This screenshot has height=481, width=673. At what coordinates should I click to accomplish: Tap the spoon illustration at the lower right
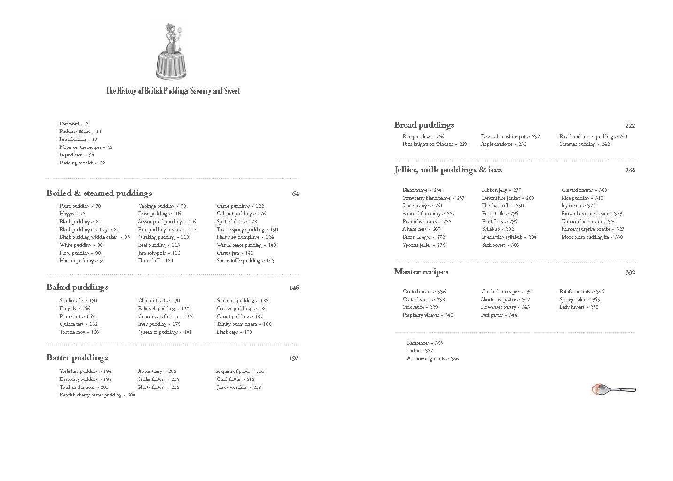pyautogui.click(x=613, y=389)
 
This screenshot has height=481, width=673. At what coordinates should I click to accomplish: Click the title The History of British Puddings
pyautogui.click(x=172, y=91)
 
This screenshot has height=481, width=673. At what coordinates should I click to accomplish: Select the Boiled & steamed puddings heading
pyautogui.click(x=99, y=193)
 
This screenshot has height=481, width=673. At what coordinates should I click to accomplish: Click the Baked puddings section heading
pyautogui.click(x=77, y=287)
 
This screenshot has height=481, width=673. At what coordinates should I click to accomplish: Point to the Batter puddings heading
pyautogui.click(x=77, y=357)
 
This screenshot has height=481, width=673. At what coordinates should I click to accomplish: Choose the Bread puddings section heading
pyautogui.click(x=424, y=125)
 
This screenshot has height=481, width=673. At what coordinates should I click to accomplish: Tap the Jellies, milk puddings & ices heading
pyautogui.click(x=448, y=170)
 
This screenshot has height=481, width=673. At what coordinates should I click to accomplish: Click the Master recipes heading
pyautogui.click(x=421, y=272)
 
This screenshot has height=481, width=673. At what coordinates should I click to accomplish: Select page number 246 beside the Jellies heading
pyautogui.click(x=630, y=171)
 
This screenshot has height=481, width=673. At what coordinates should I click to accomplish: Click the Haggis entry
pyautogui.click(x=72, y=214)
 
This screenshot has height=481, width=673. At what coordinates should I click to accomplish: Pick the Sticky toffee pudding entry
pyautogui.click(x=245, y=261)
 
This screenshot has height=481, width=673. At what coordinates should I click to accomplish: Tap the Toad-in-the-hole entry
pyautogui.click(x=84, y=388)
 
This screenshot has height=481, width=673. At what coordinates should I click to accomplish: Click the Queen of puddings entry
pyautogui.click(x=165, y=332)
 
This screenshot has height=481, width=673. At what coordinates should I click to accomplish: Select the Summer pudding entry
pyautogui.click(x=584, y=144)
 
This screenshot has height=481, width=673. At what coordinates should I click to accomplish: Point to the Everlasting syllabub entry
pyautogui.click(x=509, y=237)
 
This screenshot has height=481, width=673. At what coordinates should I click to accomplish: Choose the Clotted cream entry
pyautogui.click(x=424, y=292)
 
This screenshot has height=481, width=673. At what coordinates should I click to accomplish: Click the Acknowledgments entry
pyautogui.click(x=432, y=359)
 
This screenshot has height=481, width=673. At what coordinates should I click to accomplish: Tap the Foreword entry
pyautogui.click(x=73, y=124)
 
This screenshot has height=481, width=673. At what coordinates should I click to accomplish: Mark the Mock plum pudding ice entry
pyautogui.click(x=592, y=237)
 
